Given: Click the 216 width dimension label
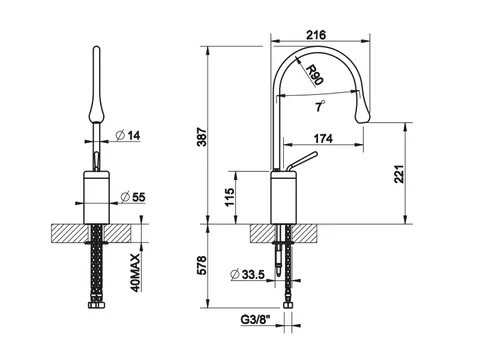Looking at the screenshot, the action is (x=316, y=35).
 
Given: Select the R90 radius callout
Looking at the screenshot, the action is (x=314, y=75).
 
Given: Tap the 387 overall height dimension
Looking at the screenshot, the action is (x=202, y=136).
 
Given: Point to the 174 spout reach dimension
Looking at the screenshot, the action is (x=323, y=138).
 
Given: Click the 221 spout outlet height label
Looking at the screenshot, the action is (x=399, y=174).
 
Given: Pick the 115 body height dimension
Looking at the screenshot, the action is (x=229, y=197).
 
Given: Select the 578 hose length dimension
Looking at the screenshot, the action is (x=202, y=266).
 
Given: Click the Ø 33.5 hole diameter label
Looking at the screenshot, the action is (x=247, y=274).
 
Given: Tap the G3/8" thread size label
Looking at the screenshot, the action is (x=255, y=320).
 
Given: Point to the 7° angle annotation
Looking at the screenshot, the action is (x=320, y=106).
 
